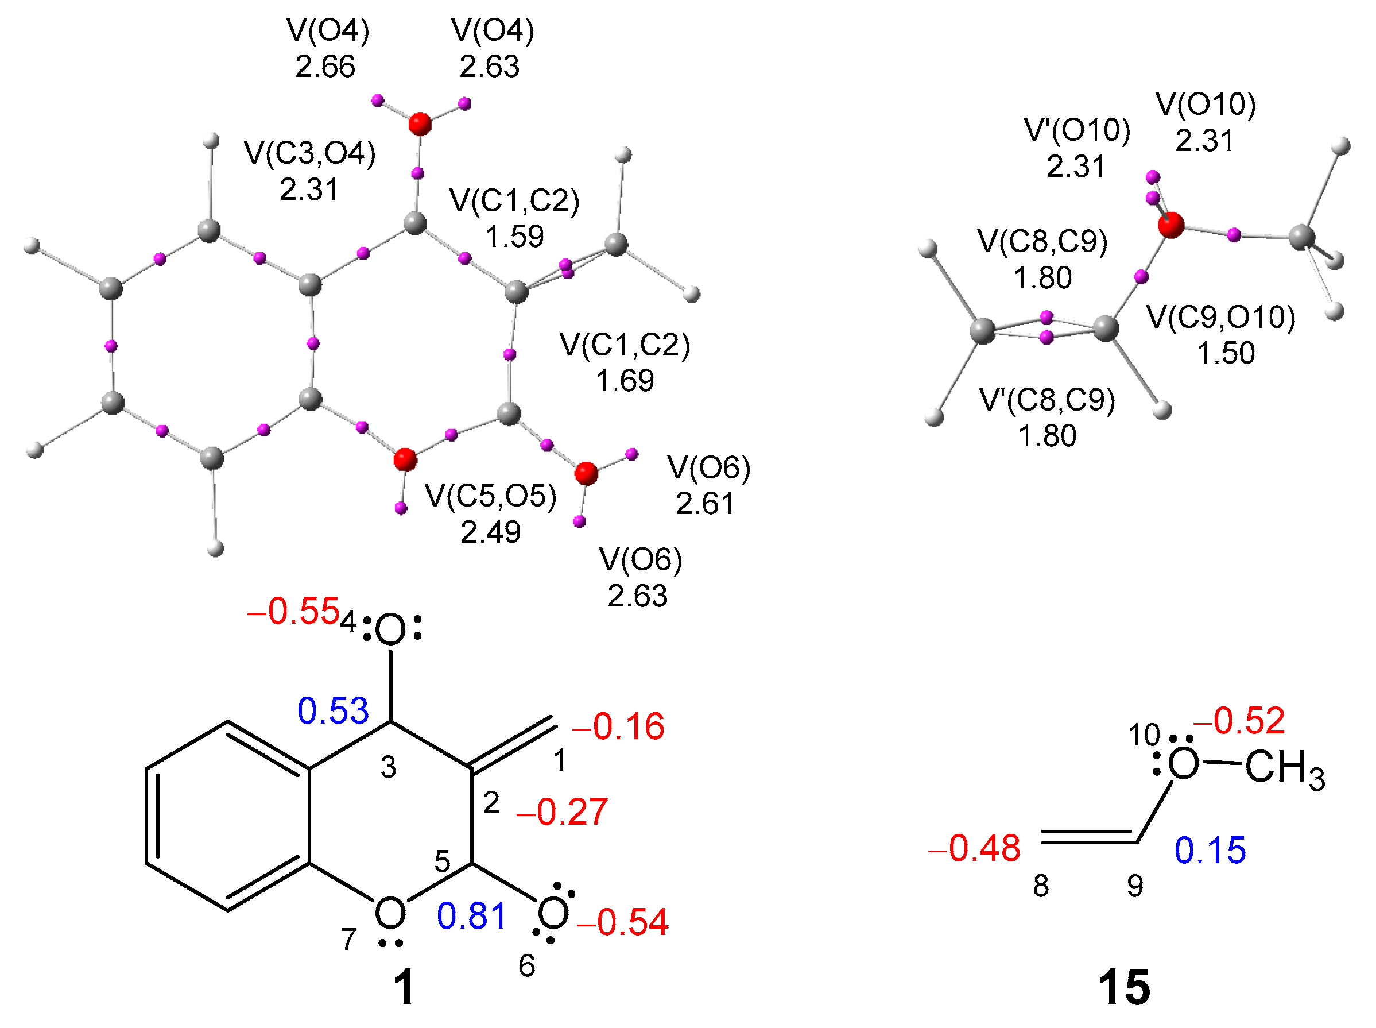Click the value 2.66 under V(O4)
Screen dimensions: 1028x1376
(325, 67)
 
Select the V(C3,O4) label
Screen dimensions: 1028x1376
(310, 153)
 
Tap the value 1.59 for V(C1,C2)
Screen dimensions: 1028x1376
(514, 237)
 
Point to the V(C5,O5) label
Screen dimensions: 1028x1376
(490, 496)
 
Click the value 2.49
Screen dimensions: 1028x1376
(490, 532)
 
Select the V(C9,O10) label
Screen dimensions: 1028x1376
(1221, 318)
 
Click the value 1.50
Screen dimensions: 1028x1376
(1226, 353)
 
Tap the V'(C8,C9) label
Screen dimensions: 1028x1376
(1047, 400)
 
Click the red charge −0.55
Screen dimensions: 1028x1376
(293, 611)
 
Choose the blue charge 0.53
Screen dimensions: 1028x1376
(333, 711)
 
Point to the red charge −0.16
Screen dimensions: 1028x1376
(618, 727)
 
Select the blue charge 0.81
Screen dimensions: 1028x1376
(471, 917)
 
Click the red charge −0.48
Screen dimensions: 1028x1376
(974, 848)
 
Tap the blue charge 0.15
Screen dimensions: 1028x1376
(1210, 851)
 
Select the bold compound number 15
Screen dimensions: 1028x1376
(1123, 988)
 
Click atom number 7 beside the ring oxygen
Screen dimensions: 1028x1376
(348, 940)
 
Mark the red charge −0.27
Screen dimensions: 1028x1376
(562, 812)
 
